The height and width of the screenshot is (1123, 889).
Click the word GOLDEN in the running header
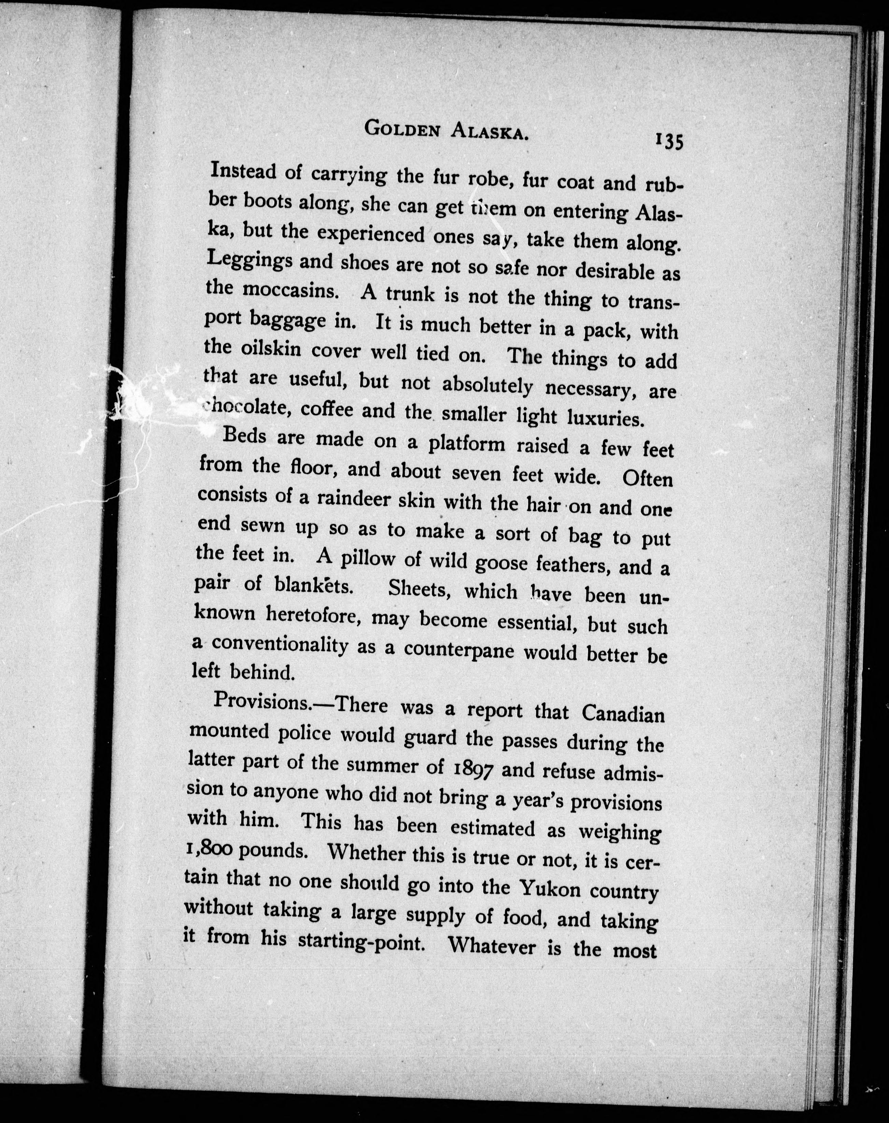point(401,129)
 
